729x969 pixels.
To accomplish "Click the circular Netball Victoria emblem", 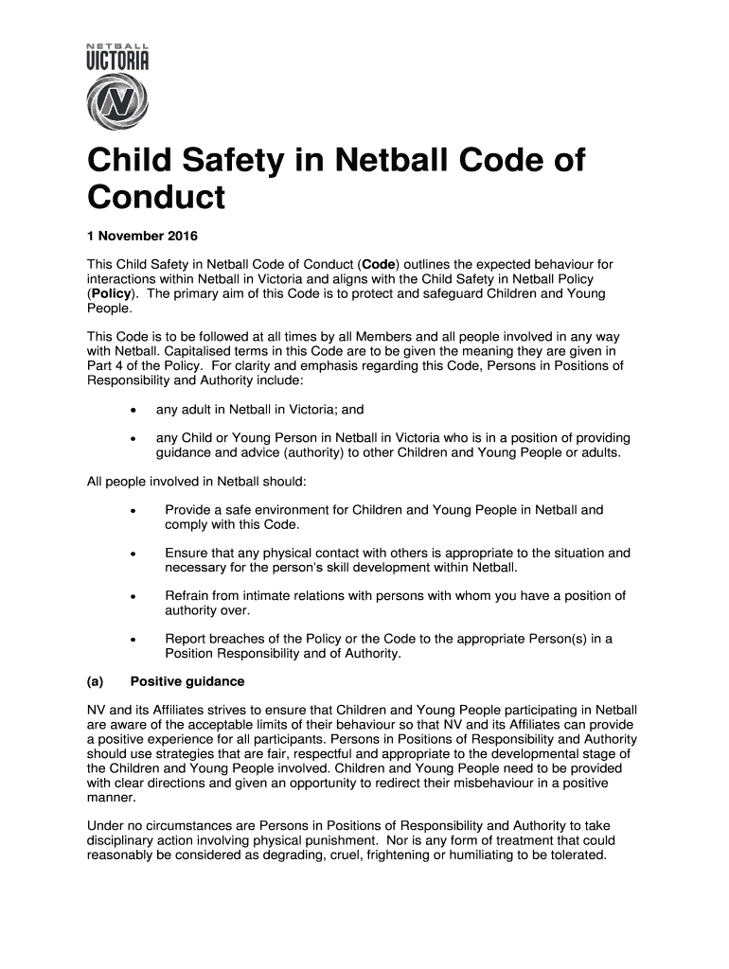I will click(x=117, y=101).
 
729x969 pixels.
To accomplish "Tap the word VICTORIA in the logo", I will click(x=117, y=62).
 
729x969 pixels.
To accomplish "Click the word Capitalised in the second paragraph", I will click(x=182, y=351).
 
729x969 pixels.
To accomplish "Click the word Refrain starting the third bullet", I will click(x=189, y=596).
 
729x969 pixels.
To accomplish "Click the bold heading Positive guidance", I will click(x=187, y=681).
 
